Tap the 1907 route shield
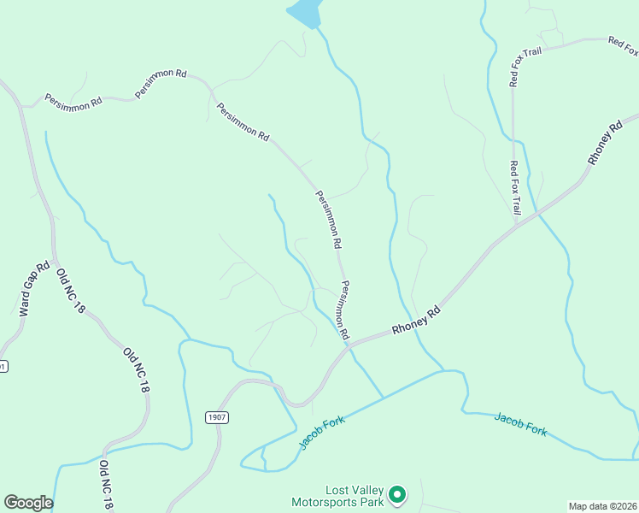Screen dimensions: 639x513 pos(217,416)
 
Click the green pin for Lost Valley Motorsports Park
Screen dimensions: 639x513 pos(396,494)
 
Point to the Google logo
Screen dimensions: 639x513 pos(27,503)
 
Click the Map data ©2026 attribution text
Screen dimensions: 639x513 pos(602,506)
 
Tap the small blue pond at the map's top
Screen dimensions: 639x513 pos(305,12)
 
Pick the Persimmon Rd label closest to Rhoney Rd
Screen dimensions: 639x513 pos(343,311)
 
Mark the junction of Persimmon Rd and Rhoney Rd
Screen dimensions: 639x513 pos(349,343)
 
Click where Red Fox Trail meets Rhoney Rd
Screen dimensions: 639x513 pos(516,225)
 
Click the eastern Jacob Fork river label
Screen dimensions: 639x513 pos(520,425)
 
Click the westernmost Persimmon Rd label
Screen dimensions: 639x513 pos(73,103)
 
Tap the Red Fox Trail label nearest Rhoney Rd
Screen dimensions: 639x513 pos(515,187)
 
